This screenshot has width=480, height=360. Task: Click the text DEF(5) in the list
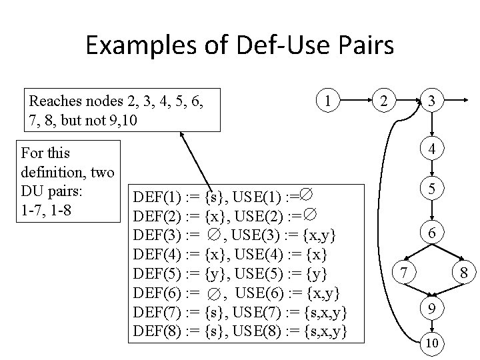157,273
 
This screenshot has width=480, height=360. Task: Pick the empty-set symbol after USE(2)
311,215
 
